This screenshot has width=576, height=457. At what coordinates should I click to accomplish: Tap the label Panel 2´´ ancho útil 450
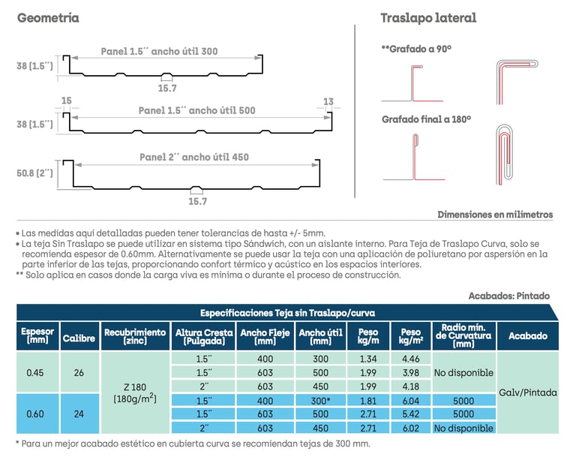pyautogui.click(x=193, y=158)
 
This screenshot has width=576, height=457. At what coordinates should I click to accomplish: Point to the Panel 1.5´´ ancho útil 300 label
pyautogui.click(x=160, y=52)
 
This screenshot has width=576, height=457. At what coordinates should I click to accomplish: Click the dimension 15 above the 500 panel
pyautogui.click(x=67, y=101)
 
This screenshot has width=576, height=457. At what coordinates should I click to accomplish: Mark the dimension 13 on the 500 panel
pyautogui.click(x=328, y=101)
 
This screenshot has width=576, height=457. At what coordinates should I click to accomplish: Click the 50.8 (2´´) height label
pyautogui.click(x=35, y=173)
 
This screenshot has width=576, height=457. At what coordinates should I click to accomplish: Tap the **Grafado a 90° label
pyautogui.click(x=416, y=49)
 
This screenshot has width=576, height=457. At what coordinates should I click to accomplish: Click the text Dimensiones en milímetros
pyautogui.click(x=495, y=215)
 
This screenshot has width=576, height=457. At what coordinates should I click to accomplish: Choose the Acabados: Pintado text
pyautogui.click(x=508, y=296)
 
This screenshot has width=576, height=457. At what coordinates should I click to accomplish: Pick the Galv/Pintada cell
pyautogui.click(x=528, y=392)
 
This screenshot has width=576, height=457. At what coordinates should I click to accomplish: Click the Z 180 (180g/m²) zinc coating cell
pyautogui.click(x=135, y=392)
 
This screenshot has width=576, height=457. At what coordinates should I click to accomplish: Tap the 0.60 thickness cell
pyautogui.click(x=34, y=413)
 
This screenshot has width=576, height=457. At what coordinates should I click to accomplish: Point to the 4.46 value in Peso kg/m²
pyautogui.click(x=411, y=359)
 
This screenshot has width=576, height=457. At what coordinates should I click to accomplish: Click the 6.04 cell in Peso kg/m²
pyautogui.click(x=411, y=400)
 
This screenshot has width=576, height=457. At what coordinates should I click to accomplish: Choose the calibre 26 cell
pyautogui.click(x=79, y=372)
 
